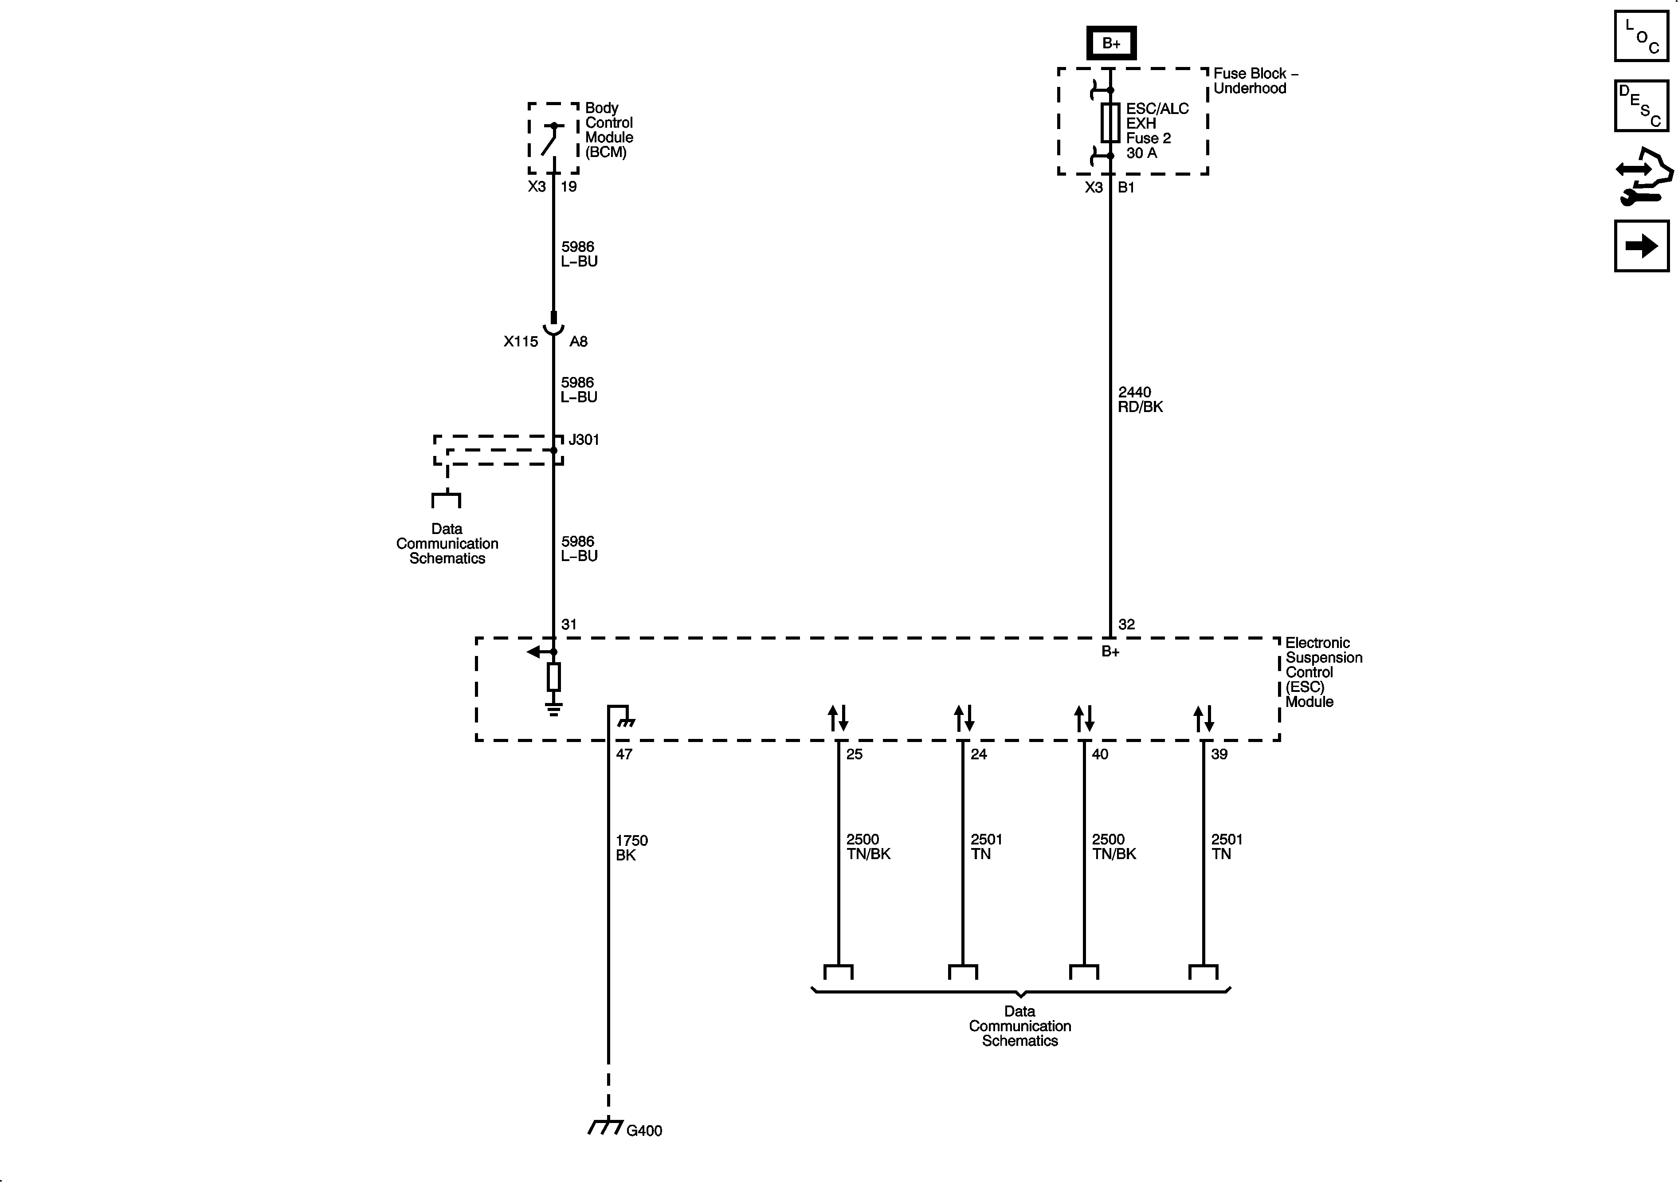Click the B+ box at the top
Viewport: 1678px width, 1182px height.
coord(1111,43)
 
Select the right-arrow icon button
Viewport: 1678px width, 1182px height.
coord(1642,246)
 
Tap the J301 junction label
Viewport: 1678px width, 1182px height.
coord(584,440)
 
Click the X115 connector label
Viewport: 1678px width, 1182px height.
coord(520,342)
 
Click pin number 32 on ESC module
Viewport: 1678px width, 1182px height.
coord(1126,624)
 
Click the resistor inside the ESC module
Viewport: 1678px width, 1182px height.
coord(554,677)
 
